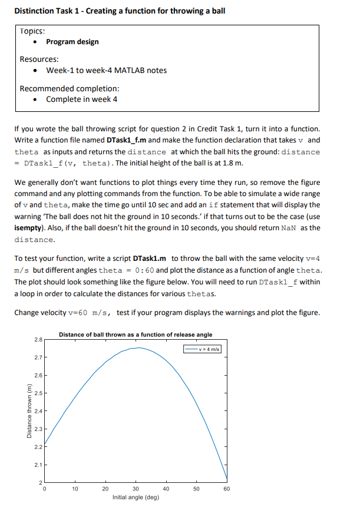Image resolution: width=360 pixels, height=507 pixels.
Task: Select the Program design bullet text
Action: (72, 42)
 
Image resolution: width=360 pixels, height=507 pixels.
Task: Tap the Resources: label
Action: (39, 59)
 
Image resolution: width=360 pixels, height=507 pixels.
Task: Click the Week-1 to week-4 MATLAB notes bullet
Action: (106, 71)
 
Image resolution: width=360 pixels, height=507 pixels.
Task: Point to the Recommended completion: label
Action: (70, 88)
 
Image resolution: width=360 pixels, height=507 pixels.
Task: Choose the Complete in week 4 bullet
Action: (81, 99)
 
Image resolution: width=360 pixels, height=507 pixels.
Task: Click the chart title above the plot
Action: (136, 334)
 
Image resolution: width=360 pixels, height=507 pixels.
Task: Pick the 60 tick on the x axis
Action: (227, 489)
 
